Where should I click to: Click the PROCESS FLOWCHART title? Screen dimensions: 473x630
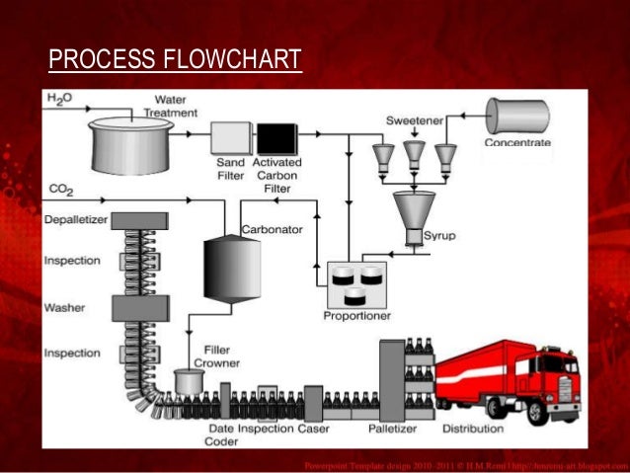coord(174,60)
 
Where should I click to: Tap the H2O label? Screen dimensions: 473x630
coord(60,99)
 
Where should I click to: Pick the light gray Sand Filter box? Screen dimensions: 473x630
coord(229,138)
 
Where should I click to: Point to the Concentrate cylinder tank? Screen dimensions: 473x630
coord(516,117)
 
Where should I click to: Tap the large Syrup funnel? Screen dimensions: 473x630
coord(414,210)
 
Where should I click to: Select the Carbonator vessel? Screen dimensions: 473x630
coord(232,267)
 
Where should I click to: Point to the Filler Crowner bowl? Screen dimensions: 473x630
coord(186,380)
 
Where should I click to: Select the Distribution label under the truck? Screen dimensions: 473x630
coord(471,430)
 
